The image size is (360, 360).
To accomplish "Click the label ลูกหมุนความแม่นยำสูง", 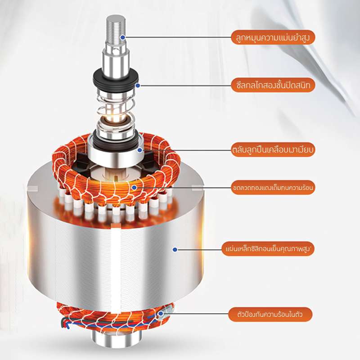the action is pos(273,37).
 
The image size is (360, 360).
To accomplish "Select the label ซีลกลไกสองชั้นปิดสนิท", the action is pos(273,85).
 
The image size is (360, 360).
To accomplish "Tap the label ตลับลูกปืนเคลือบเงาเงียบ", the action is pos(273,150).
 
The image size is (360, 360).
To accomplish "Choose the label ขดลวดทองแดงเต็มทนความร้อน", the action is pos(273,188).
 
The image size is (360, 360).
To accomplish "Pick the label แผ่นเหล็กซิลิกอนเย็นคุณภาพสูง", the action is pos(268,249).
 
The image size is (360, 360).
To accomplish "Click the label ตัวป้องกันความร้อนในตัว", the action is pos(270,314).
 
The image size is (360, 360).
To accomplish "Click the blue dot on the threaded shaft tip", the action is pos(123,37).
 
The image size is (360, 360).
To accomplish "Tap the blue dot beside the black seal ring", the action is pos(138,85).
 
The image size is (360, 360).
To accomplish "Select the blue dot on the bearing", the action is pos(139,150).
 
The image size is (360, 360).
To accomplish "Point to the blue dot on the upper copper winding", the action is pos(134,188).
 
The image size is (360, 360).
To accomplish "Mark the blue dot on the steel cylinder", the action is pos(175,250).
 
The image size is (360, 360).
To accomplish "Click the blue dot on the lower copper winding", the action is pos(161,314).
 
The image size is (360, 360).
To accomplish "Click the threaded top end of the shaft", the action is pos(116,29).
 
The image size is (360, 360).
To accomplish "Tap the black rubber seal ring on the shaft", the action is pos(116,79).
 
